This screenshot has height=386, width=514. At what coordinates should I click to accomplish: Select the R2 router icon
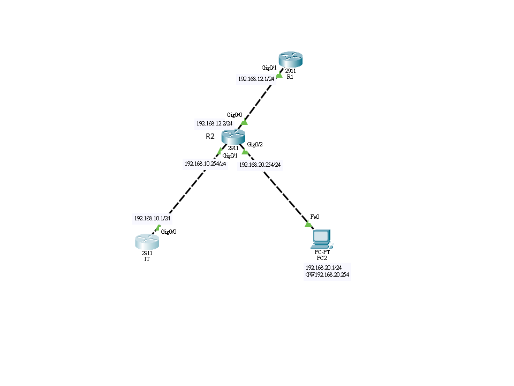coord(232,137)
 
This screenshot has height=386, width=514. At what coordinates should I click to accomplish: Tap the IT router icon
coord(147,241)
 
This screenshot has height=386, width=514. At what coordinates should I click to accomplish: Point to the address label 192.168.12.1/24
coord(256,78)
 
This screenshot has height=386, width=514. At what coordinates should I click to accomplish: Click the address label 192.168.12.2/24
coord(214,123)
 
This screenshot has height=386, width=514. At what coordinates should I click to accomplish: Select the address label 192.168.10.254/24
coord(205,164)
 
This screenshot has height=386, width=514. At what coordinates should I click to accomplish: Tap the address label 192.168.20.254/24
coord(260,165)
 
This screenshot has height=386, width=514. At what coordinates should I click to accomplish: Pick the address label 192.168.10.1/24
coord(152,218)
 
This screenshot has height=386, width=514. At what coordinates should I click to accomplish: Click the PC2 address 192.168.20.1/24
coord(323,267)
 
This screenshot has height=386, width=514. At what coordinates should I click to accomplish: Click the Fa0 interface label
coord(314,217)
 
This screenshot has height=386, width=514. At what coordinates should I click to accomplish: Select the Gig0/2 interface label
coord(255,144)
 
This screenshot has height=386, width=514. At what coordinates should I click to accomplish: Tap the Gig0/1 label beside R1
coord(269,68)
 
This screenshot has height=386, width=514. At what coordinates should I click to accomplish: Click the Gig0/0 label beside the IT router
coord(169,232)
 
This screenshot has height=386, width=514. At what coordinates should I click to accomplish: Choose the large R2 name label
coord(210,136)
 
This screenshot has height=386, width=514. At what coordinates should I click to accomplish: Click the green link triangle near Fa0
coord(308,224)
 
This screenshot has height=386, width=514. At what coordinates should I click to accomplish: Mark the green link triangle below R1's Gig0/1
coord(279,75)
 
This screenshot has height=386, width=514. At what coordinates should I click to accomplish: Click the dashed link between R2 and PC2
coord(276,187)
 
